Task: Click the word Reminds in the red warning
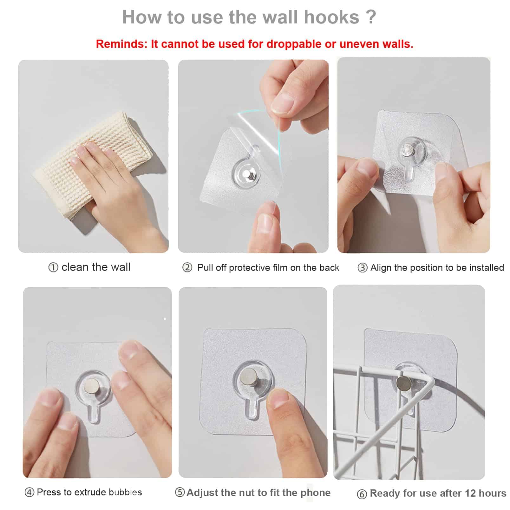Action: pos(122,44)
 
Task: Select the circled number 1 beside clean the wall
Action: pos(53,268)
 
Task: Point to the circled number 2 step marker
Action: pos(187,268)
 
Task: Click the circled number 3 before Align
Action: pos(362,268)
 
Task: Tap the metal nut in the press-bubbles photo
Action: pos(92,385)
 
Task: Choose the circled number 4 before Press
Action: pos(29,493)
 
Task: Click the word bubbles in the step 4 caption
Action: pos(125,492)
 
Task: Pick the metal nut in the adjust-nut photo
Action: pos(248,377)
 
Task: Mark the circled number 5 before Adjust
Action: pos(180,493)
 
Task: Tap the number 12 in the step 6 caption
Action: pos(471,493)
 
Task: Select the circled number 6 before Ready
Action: pos(362,494)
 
